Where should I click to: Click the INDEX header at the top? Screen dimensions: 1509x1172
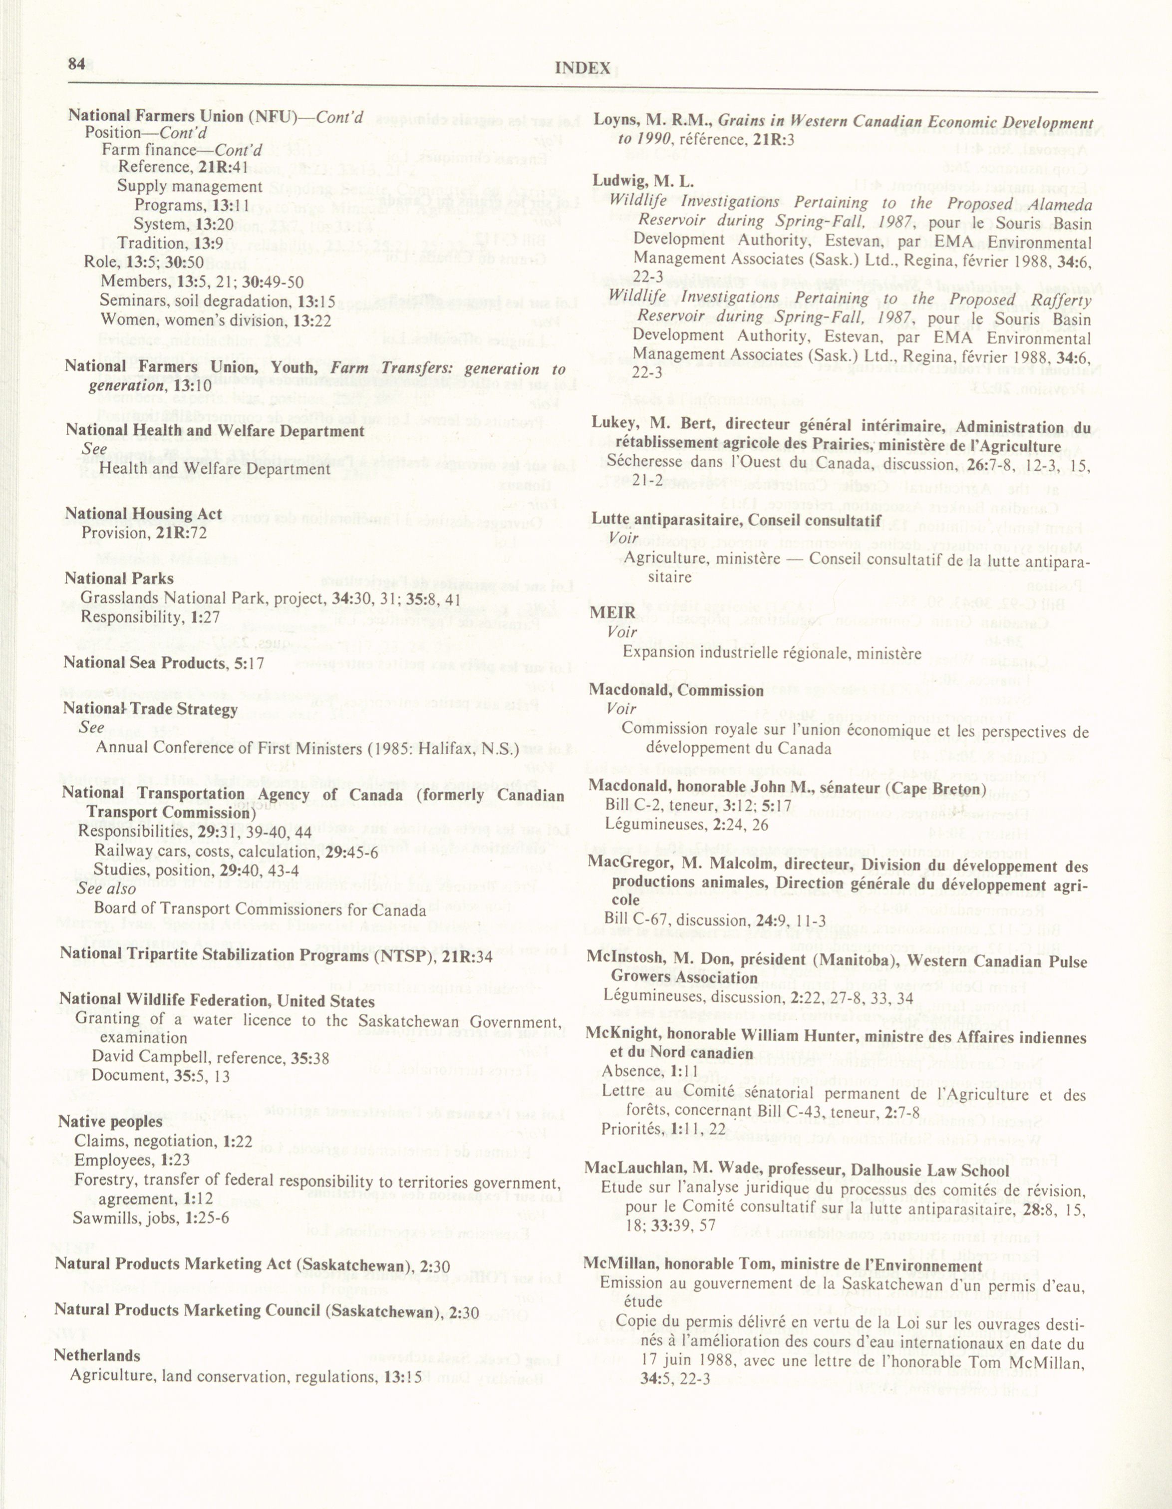(583, 68)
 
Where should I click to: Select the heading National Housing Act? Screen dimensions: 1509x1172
(144, 514)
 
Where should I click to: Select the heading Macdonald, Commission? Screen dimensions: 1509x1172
(676, 690)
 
